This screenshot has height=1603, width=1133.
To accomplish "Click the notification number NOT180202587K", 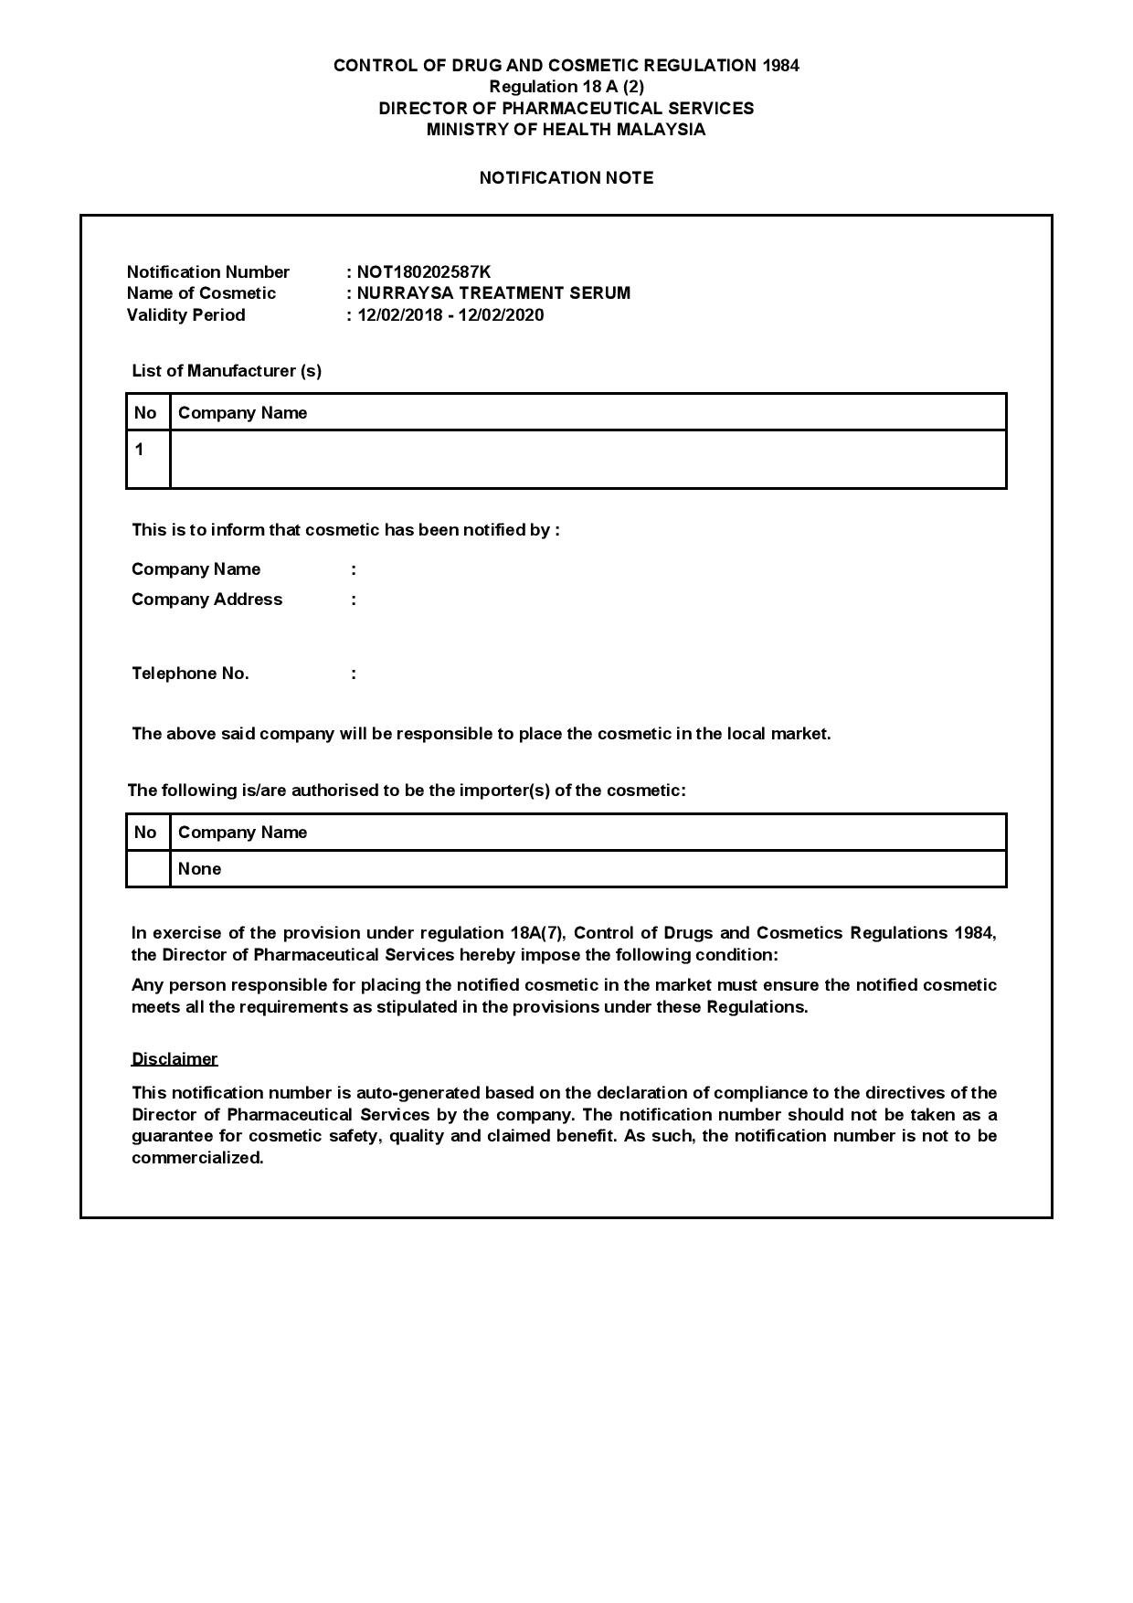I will [423, 271].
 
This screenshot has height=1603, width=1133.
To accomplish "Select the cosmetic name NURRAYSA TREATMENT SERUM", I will [493, 293].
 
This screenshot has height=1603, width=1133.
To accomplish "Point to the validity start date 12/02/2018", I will [398, 315].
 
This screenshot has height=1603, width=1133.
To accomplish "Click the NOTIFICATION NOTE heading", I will [566, 178].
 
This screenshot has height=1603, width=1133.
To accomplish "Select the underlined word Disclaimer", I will [175, 1059].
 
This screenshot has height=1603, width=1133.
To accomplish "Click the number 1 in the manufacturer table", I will [139, 450].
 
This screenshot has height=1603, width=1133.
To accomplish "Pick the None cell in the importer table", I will [199, 869].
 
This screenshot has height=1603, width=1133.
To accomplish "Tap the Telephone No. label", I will [190, 674].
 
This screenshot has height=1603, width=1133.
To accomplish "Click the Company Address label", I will [206, 600].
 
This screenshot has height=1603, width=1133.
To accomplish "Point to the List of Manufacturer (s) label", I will [227, 371].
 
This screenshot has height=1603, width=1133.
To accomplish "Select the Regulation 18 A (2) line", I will [566, 87].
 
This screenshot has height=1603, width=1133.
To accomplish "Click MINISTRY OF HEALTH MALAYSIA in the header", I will [566, 130].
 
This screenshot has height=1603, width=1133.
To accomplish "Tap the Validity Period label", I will [185, 315].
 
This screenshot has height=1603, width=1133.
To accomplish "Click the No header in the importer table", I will [145, 833].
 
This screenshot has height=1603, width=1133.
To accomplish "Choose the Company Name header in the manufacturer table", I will [242, 413].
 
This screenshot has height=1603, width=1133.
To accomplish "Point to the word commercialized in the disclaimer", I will [196, 1158].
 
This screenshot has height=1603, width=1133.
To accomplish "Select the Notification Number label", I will [207, 271].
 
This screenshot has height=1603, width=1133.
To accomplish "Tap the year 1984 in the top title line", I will [780, 66].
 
